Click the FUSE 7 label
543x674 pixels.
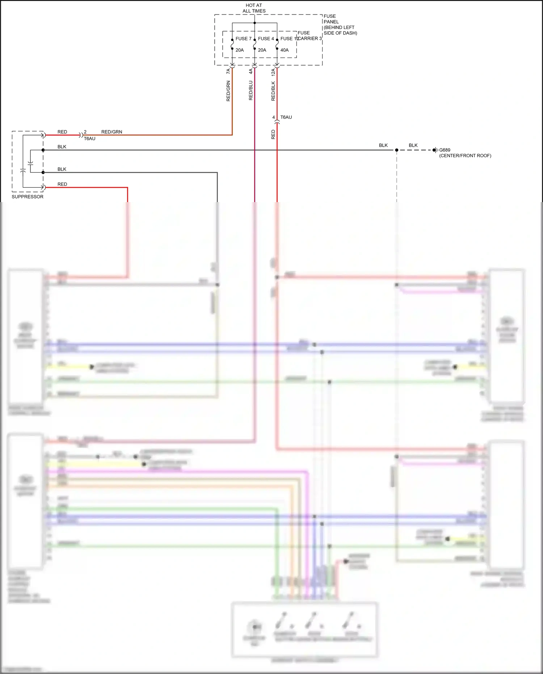(x=243, y=39)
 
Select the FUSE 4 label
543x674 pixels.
(x=266, y=39)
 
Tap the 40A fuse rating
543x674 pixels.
(x=285, y=50)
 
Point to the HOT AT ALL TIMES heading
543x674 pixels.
(x=254, y=8)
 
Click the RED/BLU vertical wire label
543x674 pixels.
(x=251, y=91)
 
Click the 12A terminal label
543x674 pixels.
(x=273, y=72)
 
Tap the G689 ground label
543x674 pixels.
(x=445, y=150)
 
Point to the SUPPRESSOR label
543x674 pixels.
(x=28, y=197)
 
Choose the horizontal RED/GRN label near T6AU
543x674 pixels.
(x=111, y=132)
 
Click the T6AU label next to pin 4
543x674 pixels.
(x=286, y=117)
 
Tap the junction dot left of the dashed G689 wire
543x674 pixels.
(x=397, y=150)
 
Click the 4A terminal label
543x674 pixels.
(x=251, y=72)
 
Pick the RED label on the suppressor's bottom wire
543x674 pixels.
(x=62, y=184)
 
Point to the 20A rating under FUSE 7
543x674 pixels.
(x=240, y=50)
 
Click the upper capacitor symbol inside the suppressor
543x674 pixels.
(x=30, y=164)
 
